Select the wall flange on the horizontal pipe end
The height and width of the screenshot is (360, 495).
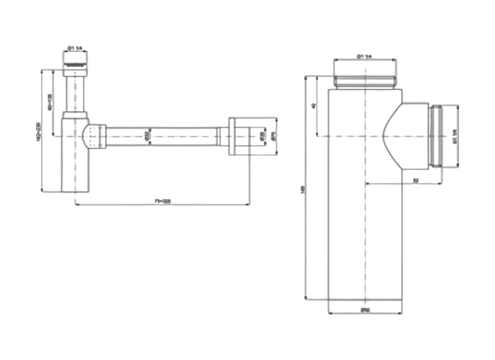coord(234,136)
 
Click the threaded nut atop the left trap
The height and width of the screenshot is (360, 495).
coord(74,59)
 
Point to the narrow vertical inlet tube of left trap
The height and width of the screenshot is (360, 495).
coord(74,92)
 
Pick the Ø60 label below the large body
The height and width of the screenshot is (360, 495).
coord(365,310)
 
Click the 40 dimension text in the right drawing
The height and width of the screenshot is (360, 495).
coord(314,106)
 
